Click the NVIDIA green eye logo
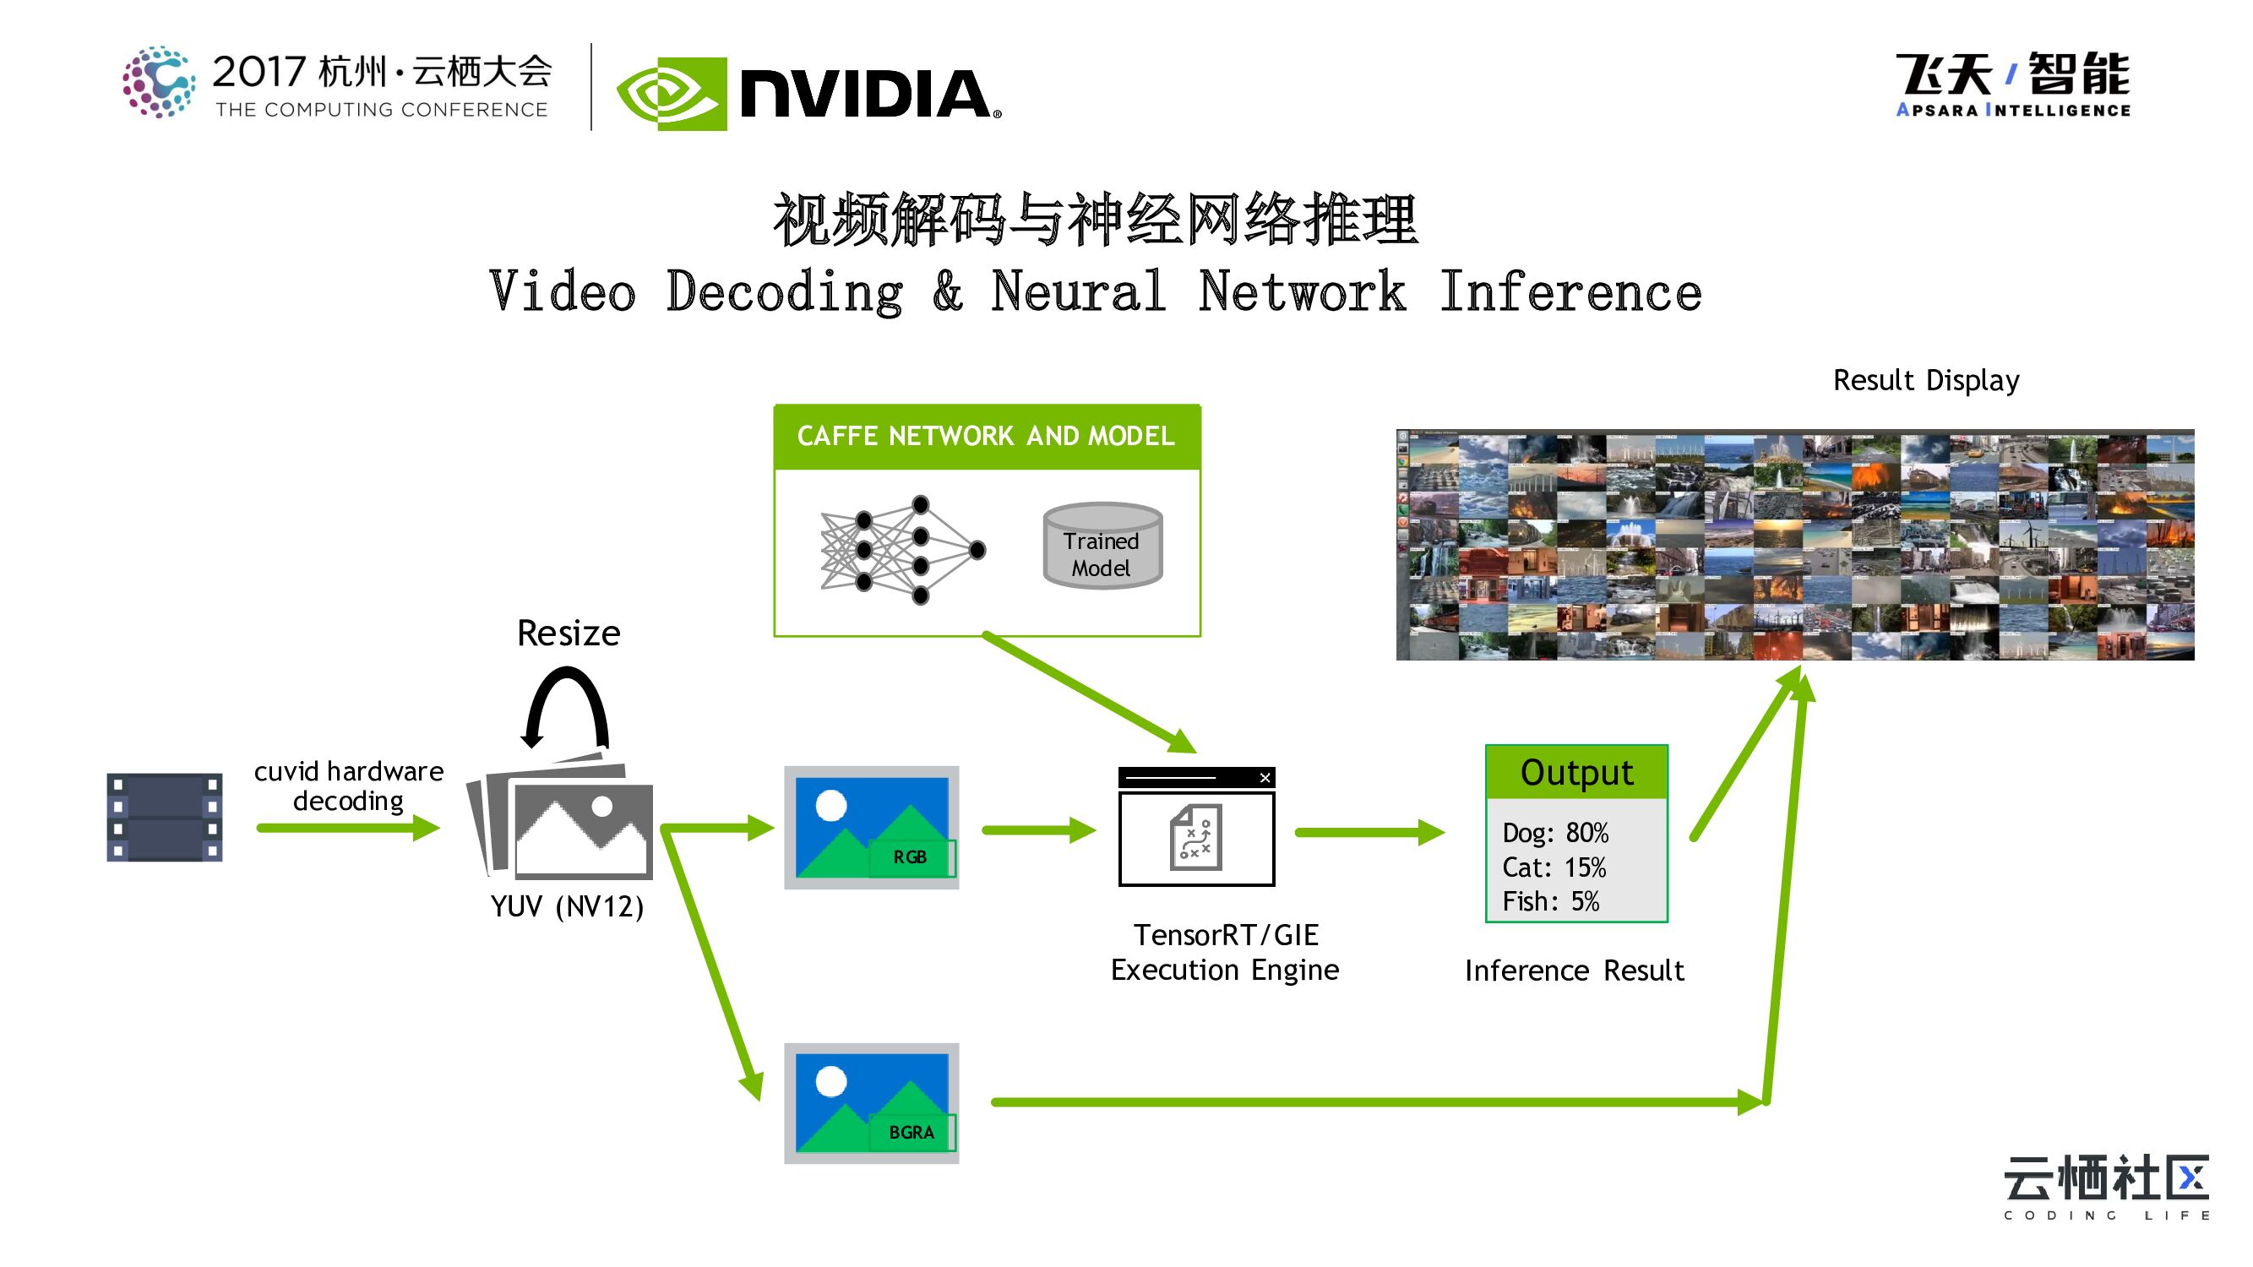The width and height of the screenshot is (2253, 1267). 672,95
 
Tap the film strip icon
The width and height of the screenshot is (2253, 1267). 165,817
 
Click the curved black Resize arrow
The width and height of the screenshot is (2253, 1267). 566,704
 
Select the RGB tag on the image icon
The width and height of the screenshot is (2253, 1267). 911,856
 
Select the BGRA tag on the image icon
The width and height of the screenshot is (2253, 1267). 912,1133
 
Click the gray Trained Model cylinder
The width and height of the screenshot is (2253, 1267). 1102,546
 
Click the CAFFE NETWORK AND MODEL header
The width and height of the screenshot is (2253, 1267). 986,437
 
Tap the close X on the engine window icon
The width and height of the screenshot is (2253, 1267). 1265,777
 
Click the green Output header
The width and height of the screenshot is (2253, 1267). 1576,773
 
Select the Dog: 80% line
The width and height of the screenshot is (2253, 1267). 1555,834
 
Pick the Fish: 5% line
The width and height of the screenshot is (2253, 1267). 1551,901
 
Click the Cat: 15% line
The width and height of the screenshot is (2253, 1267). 1554,867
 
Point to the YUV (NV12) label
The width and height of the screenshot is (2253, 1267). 568,906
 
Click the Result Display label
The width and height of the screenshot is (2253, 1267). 1926,380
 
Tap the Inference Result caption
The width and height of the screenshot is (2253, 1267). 1575,971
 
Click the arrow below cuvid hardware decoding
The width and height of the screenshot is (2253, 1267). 348,827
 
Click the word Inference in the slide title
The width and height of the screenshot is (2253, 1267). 1570,292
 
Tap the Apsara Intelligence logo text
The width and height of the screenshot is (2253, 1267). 2012,110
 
